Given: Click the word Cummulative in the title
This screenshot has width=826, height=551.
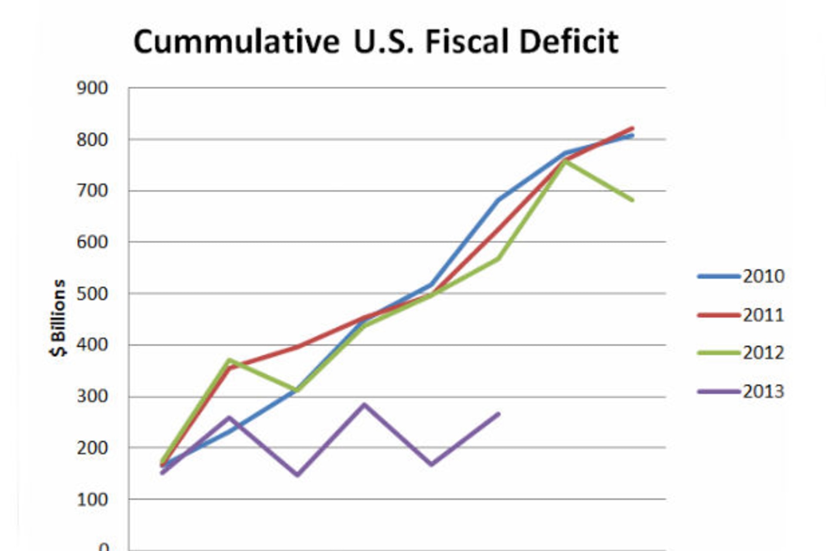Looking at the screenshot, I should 236,42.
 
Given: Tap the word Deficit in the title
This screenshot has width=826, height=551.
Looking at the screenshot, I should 569,42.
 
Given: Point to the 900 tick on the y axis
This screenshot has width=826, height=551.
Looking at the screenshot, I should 92,88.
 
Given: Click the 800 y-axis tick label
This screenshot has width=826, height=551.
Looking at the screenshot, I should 92,139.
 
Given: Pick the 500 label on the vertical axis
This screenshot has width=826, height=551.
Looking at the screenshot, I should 92,294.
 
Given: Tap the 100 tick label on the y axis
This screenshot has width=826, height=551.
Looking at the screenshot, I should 92,499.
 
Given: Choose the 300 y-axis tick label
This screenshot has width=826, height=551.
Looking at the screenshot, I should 92,396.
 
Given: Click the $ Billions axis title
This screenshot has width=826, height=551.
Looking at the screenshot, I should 58,318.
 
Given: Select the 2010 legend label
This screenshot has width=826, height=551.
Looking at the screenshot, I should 764,276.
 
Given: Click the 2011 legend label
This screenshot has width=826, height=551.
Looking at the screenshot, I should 764,315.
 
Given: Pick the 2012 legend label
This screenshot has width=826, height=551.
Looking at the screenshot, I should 764,353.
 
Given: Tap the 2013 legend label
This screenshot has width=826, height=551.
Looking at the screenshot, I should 764,392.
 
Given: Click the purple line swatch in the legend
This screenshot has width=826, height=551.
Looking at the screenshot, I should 718,392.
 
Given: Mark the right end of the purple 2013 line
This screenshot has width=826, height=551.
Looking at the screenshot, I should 499,414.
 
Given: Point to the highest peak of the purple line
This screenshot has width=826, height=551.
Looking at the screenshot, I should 364,405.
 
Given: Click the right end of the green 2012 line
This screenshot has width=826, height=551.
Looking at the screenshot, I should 632,200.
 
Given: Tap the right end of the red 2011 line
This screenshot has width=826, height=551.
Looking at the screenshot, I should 632,128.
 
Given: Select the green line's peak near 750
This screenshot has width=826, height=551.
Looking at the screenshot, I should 565,161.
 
